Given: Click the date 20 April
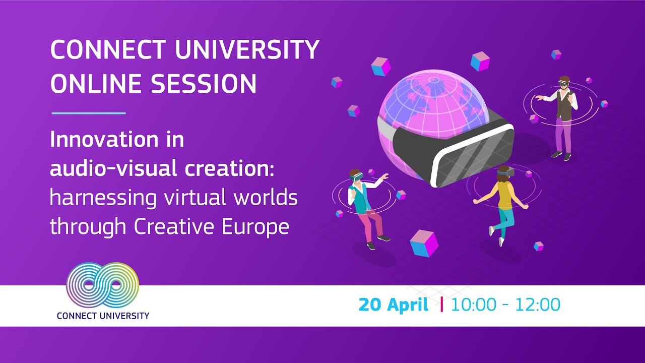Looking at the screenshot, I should point(393,305).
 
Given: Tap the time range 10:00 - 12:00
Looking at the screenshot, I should point(505,305).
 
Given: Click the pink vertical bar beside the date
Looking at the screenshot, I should point(442,305).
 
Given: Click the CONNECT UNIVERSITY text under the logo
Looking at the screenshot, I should point(103,316).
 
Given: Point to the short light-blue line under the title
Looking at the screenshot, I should point(88,113).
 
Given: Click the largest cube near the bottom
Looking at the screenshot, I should point(424,243).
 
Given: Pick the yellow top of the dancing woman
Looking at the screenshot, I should point(504,194).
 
